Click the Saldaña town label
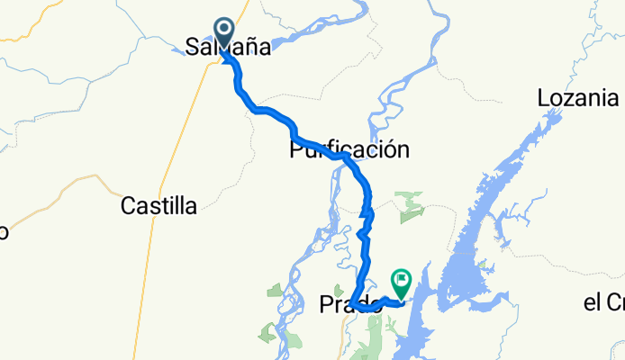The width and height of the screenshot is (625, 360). click(228, 47)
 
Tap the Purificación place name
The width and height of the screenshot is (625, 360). click(349, 149)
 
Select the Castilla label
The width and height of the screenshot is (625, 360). click(159, 206)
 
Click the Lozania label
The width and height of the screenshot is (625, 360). click(577, 97)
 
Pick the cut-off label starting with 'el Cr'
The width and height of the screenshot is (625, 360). click(603, 302)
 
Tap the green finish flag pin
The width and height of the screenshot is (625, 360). click(400, 282)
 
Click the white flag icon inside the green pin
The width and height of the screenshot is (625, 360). click(400, 280)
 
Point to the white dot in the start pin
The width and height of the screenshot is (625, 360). click(223, 31)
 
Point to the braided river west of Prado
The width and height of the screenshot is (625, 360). click(311, 261)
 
